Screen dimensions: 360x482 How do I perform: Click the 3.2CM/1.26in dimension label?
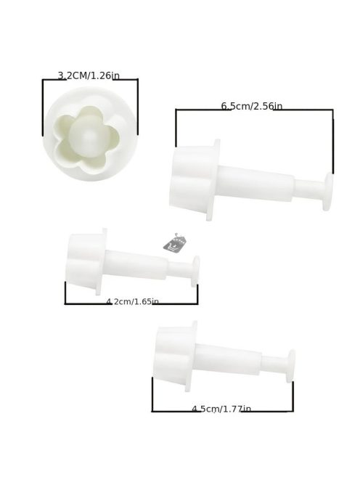89,75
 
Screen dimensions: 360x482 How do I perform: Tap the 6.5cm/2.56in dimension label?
251,106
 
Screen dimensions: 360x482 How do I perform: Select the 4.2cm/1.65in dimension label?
133,301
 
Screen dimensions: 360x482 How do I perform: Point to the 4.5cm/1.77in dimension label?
221,409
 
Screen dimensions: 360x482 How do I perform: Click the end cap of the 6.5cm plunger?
328,192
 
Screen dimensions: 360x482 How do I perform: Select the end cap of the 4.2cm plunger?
195,271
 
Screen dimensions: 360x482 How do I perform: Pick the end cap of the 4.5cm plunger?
290,366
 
